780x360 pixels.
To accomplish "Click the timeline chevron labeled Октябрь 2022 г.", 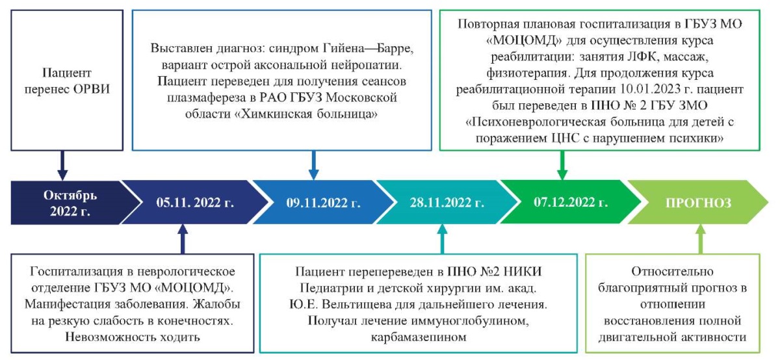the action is (70, 203).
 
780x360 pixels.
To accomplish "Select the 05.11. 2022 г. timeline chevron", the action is (195, 203).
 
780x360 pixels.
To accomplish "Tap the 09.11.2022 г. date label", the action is (324, 203).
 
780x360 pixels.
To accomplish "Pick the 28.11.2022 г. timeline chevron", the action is (447, 202).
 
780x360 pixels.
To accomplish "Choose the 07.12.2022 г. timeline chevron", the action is (571, 202).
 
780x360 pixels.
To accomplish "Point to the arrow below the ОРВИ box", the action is (62, 165).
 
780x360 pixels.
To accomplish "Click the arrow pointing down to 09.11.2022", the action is (314, 165).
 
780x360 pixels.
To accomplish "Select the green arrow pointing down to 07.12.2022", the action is (562, 165).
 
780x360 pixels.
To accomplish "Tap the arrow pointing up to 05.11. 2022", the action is (183, 239).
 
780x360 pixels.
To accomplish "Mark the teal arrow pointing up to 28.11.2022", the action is (442, 239).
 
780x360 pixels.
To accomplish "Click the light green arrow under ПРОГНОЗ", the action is (701, 239).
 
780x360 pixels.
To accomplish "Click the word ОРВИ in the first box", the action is (91, 89).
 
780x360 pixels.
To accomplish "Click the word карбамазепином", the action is (418, 337).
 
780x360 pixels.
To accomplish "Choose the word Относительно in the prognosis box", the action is (672, 271).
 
